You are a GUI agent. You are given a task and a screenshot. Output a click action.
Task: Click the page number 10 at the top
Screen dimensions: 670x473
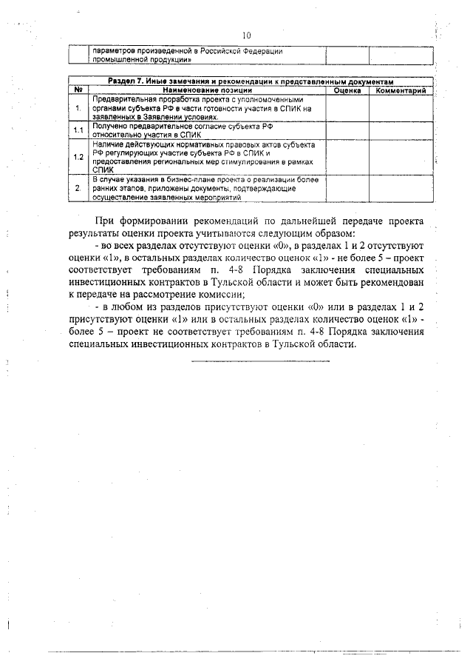pos(247,35)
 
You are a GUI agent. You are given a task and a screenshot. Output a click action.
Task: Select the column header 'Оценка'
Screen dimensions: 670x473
pos(347,90)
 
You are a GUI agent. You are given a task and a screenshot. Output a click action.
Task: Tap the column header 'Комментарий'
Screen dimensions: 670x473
pos(400,90)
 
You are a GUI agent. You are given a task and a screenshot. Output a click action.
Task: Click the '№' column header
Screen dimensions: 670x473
pos(78,90)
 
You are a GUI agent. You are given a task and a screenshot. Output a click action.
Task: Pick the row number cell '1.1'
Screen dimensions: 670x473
pos(78,131)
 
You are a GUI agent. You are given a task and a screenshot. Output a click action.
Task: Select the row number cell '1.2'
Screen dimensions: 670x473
pos(78,157)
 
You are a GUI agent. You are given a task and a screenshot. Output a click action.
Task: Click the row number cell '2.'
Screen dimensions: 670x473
pos(78,189)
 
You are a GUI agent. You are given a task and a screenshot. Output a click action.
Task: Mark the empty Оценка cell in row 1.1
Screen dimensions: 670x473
pos(347,131)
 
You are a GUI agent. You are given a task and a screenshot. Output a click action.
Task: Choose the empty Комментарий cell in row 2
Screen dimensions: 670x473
pos(400,189)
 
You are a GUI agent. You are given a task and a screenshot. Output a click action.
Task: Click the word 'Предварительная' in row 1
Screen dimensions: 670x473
pos(120,99)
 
